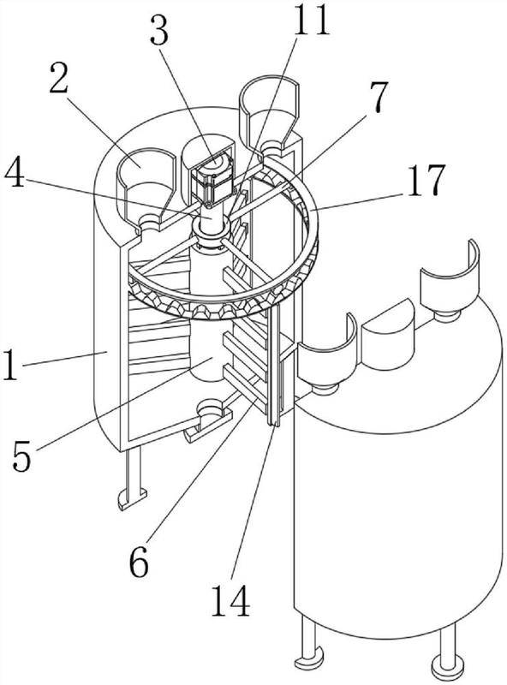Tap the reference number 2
[x=58, y=77]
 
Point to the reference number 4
[x=15, y=174]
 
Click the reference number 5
[x=22, y=456]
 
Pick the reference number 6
[x=139, y=561]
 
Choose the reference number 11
[x=311, y=20]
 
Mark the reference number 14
[x=230, y=601]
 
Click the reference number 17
[x=426, y=179]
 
